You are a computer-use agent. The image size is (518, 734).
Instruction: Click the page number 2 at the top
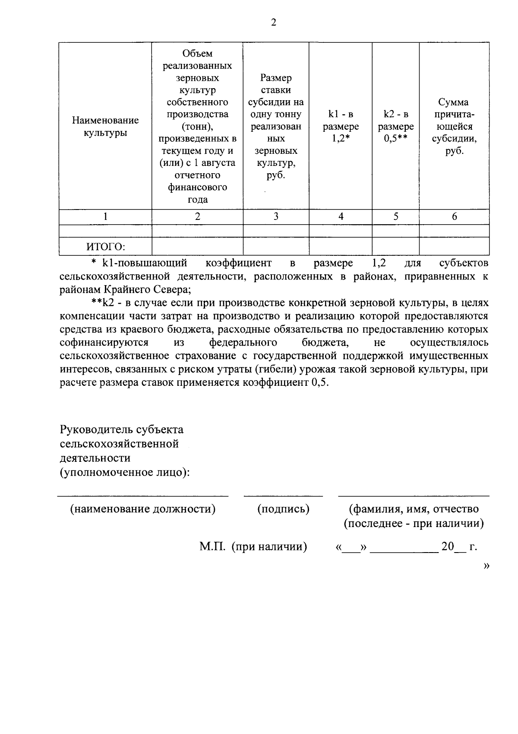pos(273,23)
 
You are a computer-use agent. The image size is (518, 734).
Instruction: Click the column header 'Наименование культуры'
pos(105,126)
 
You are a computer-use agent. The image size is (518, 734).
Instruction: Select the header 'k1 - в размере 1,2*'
pos(341,127)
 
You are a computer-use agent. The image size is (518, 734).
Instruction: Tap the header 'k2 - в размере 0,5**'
pos(395,127)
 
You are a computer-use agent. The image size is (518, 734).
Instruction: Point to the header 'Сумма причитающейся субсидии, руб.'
pos(454,127)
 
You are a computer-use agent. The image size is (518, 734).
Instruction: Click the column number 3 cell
pos(276,217)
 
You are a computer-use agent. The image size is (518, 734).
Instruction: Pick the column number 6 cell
pos(454,217)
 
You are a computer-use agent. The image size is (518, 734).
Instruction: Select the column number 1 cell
pos(105,217)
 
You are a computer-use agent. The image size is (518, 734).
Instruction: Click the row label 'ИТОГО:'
pos(105,247)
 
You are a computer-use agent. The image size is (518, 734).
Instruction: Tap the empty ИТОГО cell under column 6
pos(454,247)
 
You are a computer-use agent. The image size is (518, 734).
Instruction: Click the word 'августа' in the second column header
pos(218,163)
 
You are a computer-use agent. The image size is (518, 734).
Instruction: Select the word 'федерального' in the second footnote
pos(243,343)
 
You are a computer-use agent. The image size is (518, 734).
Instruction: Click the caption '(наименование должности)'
pos(143,509)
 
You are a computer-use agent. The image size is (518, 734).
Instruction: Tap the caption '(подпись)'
pos(283,509)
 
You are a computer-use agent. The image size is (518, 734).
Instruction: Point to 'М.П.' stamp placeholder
pos(212,547)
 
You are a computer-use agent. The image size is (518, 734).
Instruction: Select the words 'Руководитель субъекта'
pos(122,430)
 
